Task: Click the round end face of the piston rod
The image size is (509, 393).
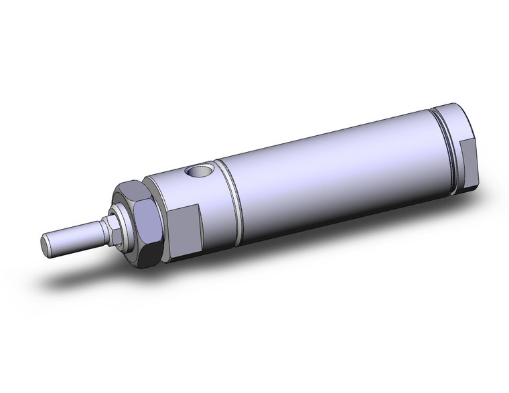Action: point(47,245)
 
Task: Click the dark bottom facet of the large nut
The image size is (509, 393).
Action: point(149,255)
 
